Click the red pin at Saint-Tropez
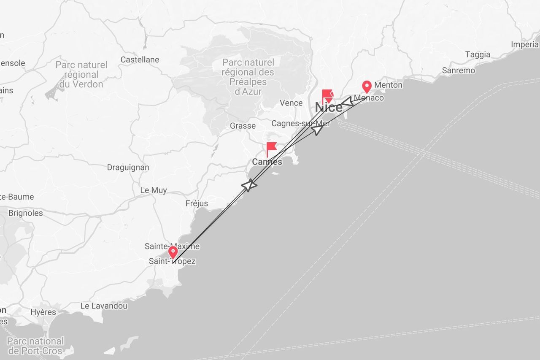pos(173,252)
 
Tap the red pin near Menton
pos(367,87)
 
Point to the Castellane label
pos(140,60)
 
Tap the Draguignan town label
pos(128,167)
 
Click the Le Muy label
pos(153,190)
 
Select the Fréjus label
pos(197,203)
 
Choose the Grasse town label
pos(243,126)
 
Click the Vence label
pos(291,103)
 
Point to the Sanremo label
pos(458,70)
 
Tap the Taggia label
pos(478,54)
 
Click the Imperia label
pos(524,44)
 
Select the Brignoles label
pos(26,213)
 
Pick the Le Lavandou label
pos(104,306)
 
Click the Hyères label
pos(43,312)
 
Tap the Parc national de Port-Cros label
pos(35,346)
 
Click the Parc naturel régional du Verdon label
pos(81,75)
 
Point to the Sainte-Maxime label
pos(172,246)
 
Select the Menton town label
pos(388,85)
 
